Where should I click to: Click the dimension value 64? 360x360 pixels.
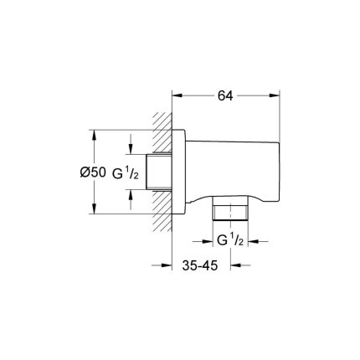click(x=224, y=95)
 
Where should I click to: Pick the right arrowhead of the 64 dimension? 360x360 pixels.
click(x=275, y=95)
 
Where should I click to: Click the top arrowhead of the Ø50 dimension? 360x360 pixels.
click(x=94, y=133)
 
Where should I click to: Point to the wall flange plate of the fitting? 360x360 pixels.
click(x=178, y=172)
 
